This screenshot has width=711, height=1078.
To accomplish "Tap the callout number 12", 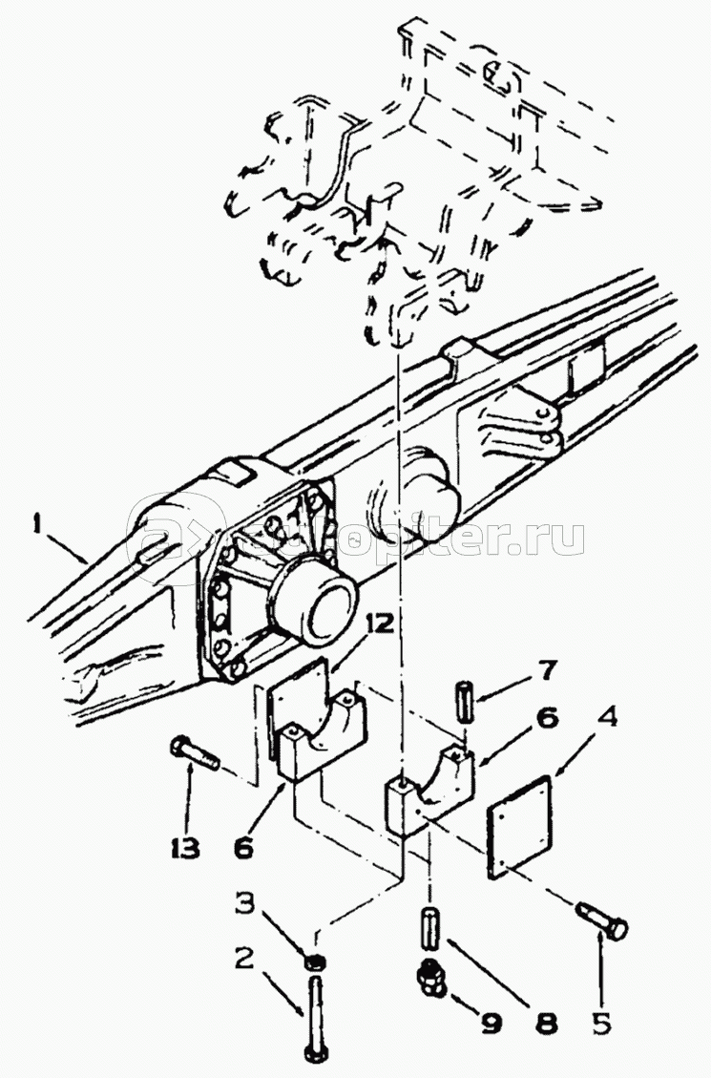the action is coord(379,625).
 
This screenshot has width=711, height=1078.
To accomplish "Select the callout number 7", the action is coord(548,671).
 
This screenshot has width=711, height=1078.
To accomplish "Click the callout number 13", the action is coord(185,848).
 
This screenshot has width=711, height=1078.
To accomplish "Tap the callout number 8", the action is coord(546,1023).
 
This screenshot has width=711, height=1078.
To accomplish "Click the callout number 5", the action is coord(602,1024).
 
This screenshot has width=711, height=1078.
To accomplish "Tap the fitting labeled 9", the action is coord(430,979).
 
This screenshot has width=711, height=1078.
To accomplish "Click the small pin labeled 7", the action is coord(465,699).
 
